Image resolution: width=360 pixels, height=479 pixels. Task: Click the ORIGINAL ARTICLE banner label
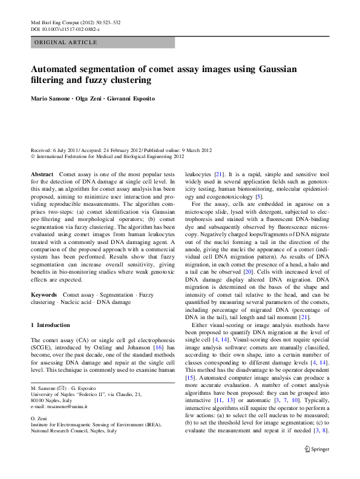coord(65,42)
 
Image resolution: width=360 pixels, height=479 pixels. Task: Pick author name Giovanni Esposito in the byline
coord(132,98)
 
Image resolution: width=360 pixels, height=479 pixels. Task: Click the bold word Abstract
coord(42,174)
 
